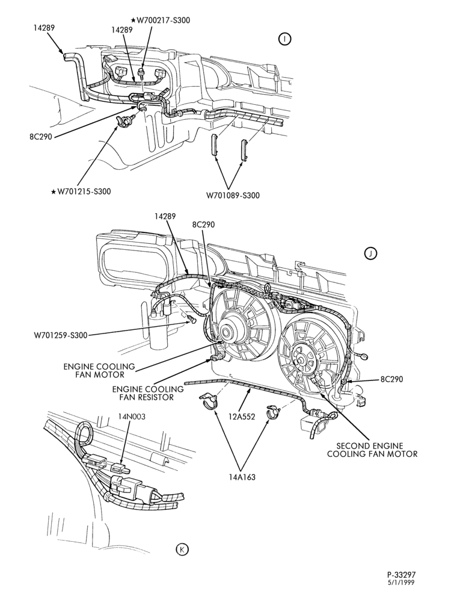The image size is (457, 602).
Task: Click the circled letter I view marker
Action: click(285, 39)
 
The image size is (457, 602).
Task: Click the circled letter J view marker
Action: click(371, 253)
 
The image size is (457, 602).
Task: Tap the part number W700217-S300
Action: click(161, 20)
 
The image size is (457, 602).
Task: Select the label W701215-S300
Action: click(81, 191)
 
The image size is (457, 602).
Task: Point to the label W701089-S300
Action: click(233, 196)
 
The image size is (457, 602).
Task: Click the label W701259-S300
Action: click(60, 335)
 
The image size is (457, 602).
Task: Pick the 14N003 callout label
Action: click(132, 417)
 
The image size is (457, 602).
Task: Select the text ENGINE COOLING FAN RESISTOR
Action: click(148, 393)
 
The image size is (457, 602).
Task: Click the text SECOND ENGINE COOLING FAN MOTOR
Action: click(372, 450)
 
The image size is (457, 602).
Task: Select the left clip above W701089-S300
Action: click(214, 144)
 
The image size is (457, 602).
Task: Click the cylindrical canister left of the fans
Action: click(158, 330)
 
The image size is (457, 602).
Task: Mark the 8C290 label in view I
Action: click(41, 137)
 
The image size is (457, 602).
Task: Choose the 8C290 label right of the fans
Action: click(392, 379)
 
